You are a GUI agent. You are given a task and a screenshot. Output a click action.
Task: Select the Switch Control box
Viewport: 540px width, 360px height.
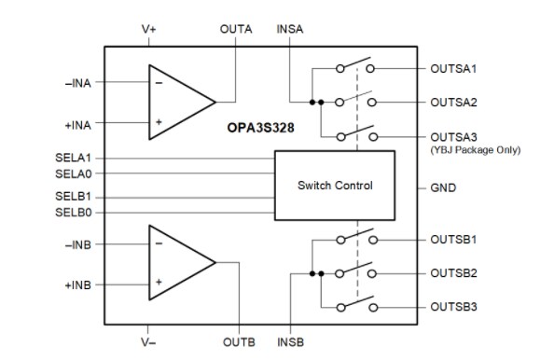[x=334, y=186]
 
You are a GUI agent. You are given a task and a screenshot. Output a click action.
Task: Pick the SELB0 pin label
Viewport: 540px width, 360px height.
[x=72, y=213]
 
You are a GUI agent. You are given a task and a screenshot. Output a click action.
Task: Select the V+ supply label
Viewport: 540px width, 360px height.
[x=149, y=30]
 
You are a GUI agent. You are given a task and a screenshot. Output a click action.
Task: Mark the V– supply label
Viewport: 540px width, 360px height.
[x=149, y=342]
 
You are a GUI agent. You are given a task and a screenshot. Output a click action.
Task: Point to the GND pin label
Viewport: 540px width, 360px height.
[x=443, y=187]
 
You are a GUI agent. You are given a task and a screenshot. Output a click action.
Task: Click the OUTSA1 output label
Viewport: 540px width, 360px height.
[x=453, y=69]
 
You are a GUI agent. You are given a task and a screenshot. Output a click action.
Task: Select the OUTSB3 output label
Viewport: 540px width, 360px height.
[x=453, y=307]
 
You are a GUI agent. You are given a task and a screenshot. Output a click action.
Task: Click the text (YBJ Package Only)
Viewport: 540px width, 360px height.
[x=474, y=150]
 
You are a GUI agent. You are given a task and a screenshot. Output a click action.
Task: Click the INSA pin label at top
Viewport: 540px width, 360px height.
[x=290, y=30]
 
